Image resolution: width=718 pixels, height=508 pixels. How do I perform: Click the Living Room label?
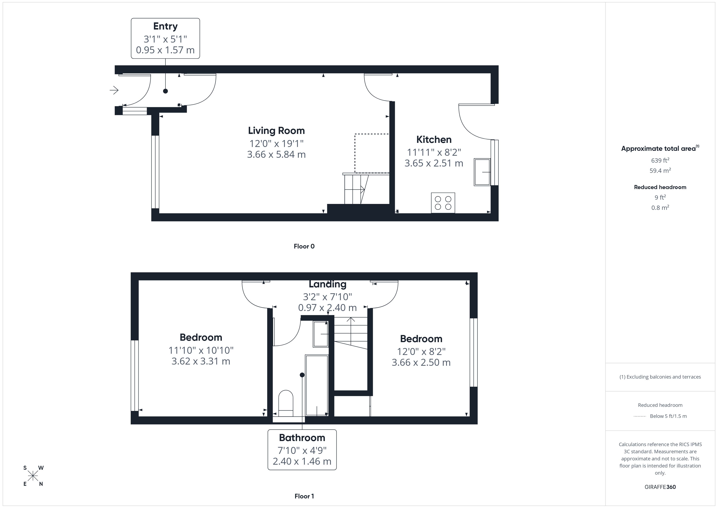point(276,131)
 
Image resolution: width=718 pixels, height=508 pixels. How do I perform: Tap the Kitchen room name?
point(433,139)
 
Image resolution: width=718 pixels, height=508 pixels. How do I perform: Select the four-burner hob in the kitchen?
point(443,203)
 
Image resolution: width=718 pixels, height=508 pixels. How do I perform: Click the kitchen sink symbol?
point(482,172)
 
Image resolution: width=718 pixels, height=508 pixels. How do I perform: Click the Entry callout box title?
point(165,26)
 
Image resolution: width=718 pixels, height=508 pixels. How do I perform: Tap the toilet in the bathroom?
point(286,403)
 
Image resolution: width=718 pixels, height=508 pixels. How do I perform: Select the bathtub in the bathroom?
point(316,385)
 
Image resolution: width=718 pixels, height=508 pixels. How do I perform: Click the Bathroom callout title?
point(302,438)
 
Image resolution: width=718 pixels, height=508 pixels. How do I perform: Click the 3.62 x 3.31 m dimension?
point(201,361)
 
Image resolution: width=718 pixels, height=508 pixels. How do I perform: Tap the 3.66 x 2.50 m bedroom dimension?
point(421,362)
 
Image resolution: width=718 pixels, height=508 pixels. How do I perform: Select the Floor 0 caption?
point(304,246)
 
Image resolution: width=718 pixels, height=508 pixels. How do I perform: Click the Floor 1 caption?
point(304,496)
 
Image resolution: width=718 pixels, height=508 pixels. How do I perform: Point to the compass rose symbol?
point(33,476)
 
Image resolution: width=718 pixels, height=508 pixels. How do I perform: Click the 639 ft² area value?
point(660,160)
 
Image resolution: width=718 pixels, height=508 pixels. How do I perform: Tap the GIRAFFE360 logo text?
point(660,487)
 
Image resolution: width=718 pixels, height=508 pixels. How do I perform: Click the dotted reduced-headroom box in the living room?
point(372,153)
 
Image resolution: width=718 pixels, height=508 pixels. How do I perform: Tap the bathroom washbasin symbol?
point(321,334)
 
